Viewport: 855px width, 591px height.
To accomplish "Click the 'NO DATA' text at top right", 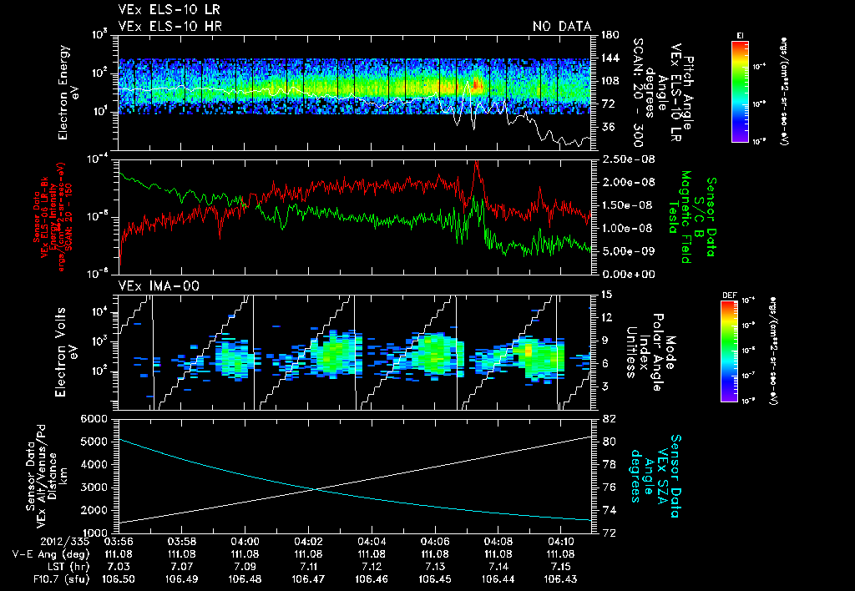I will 561,27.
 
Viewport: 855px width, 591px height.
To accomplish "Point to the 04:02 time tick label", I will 309,541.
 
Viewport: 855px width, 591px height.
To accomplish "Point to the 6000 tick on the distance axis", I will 97,418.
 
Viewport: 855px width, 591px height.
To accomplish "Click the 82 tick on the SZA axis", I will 609,418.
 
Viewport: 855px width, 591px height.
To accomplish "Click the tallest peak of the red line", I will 476,164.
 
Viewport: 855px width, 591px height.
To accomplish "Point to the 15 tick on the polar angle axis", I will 607,294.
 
